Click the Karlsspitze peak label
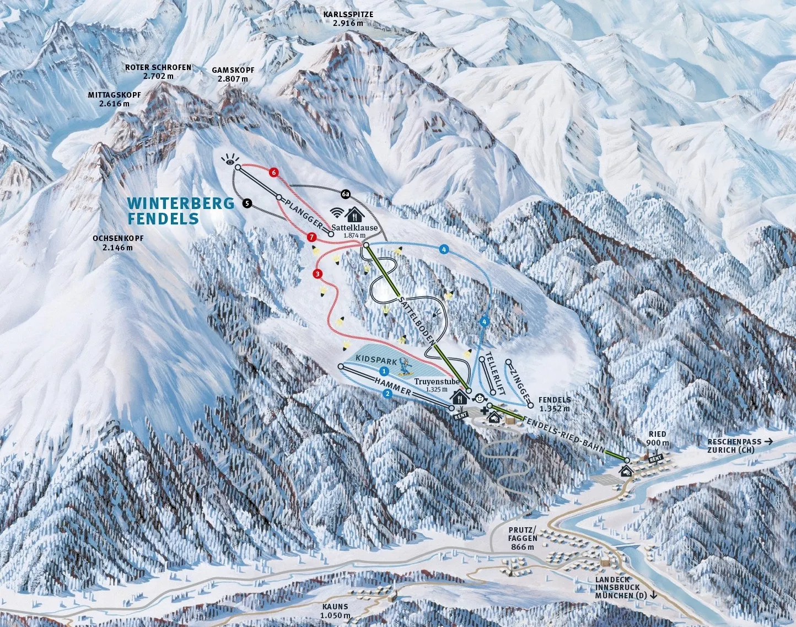(x=348, y=18)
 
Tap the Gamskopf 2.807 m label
(x=233, y=74)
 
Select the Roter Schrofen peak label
(x=158, y=72)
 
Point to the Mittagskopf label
(x=114, y=99)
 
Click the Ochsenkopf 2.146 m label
(x=118, y=243)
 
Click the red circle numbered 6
(x=273, y=172)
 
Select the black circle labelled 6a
(x=346, y=194)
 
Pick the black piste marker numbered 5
(x=247, y=204)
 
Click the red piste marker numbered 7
(x=311, y=238)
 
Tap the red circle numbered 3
(x=318, y=274)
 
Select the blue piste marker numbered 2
(x=388, y=393)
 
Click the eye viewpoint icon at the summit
(x=229, y=161)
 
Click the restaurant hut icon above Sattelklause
(x=353, y=213)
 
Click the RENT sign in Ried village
(x=655, y=458)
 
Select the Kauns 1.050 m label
(x=336, y=611)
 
